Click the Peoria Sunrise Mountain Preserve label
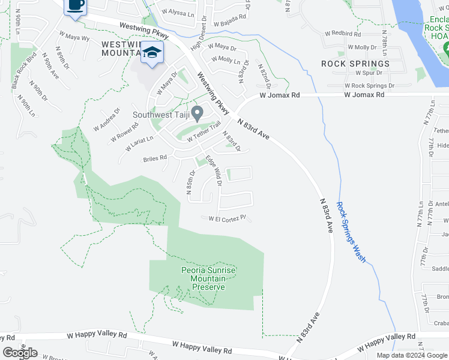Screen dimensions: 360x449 pyautogui.click(x=204, y=279)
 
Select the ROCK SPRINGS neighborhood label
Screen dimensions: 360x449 pyautogui.click(x=355, y=64)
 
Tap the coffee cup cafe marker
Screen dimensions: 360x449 pyautogui.click(x=75, y=6)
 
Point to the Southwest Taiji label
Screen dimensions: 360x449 pyautogui.click(x=161, y=115)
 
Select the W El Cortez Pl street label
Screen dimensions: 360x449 pyautogui.click(x=228, y=219)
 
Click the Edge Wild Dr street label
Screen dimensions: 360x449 pyautogui.click(x=214, y=170)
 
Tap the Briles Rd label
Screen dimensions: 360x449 pyautogui.click(x=154, y=158)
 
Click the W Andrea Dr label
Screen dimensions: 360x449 pyautogui.click(x=107, y=121)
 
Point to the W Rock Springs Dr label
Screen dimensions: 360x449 pyautogui.click(x=370, y=86)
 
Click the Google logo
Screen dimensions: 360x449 pyautogui.click(x=20, y=353)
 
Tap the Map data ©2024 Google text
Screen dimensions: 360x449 pyautogui.click(x=412, y=355)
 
